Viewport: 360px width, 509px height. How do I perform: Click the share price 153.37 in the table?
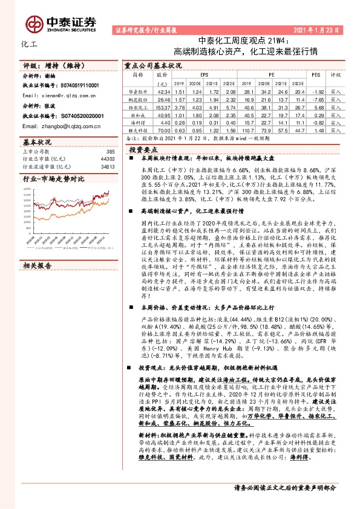coord(162,105)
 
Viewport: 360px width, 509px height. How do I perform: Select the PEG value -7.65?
coord(316,97)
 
